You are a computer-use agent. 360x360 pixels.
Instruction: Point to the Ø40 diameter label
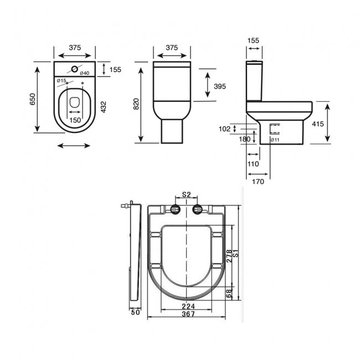(84, 74)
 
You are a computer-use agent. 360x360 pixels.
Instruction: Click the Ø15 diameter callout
(61, 81)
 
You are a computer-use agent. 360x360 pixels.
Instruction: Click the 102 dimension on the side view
(224, 128)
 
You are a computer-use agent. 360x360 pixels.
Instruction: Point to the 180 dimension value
(244, 140)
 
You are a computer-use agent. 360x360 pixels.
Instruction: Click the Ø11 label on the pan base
(274, 140)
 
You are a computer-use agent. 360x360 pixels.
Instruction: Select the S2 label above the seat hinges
(187, 194)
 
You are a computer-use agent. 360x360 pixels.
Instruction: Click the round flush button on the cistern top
(74, 69)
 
